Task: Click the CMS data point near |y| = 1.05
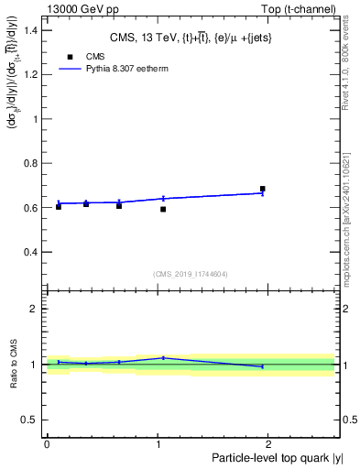click(x=163, y=209)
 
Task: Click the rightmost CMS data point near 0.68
click(x=263, y=189)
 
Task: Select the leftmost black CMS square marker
click(x=59, y=206)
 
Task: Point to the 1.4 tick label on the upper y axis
click(x=31, y=30)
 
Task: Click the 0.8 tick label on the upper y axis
click(x=31, y=163)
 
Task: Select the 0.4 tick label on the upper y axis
click(x=31, y=252)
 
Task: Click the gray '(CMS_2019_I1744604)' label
click(x=191, y=274)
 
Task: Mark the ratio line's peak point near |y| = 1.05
click(x=163, y=358)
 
